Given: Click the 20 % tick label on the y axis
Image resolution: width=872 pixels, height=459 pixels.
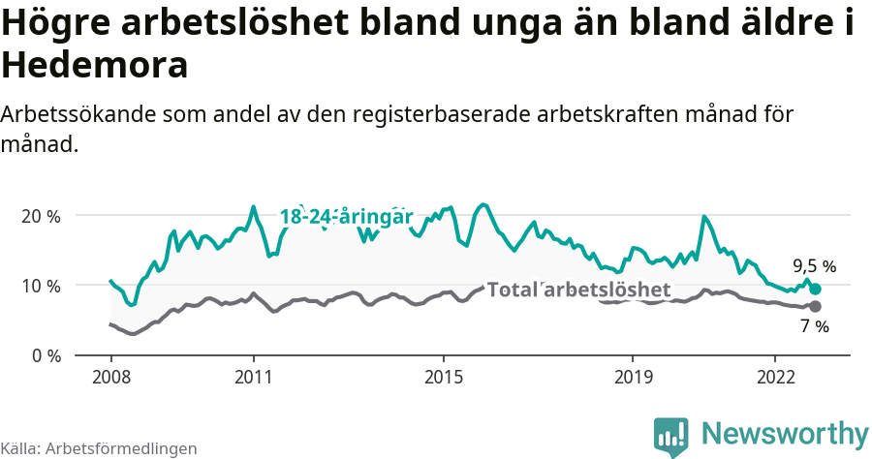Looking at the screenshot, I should [x=41, y=216].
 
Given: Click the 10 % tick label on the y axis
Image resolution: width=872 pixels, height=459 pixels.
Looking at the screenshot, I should [x=41, y=286].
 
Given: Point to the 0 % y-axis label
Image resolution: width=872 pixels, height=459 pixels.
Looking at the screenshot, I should [x=45, y=355].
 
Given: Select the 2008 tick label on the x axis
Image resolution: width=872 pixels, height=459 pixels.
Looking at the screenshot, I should [x=110, y=376].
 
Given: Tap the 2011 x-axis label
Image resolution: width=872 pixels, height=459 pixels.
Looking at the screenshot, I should [x=253, y=376].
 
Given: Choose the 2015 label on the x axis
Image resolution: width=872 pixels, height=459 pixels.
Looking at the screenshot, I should [x=443, y=376].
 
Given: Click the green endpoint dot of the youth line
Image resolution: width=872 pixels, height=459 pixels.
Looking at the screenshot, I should [x=815, y=289].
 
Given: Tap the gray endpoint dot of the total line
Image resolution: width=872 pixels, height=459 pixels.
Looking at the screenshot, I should [x=815, y=306].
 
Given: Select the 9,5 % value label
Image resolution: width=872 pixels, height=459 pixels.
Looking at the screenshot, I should [x=814, y=265].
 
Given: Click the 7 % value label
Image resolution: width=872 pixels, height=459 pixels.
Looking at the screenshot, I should [x=815, y=327].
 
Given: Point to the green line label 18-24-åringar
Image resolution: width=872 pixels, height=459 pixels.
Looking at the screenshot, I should [x=347, y=216].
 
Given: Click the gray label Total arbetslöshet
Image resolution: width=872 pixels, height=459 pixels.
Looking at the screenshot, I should [x=578, y=290].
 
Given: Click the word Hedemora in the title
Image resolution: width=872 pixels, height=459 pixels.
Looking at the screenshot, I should [x=95, y=66].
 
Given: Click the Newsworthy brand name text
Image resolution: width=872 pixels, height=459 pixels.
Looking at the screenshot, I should [x=784, y=433].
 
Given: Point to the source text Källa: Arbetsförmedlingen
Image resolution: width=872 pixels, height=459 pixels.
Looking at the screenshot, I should [x=99, y=448].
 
